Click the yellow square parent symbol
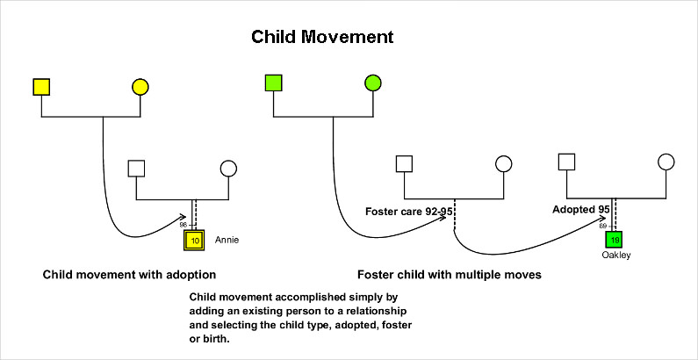pos(41,87)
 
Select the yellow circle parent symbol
pos(140,87)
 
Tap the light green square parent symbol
pos(273,83)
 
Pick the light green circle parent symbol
pos(372,83)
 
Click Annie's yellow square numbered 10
pos(194,241)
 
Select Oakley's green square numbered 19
pos(615,240)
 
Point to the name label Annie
pos(227,241)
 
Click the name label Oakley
pos(616,256)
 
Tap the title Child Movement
pos(322,37)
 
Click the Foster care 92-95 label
pos(409,212)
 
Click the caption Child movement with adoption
pos(129,275)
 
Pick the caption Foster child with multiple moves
pos(450,275)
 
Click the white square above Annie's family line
pos(136,169)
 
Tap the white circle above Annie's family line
pos(228,169)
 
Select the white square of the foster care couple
pos(404,163)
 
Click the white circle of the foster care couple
pos(503,163)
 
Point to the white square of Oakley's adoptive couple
pos(566,162)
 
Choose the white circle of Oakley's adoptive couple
pos(666,162)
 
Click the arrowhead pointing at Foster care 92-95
pos(442,217)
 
